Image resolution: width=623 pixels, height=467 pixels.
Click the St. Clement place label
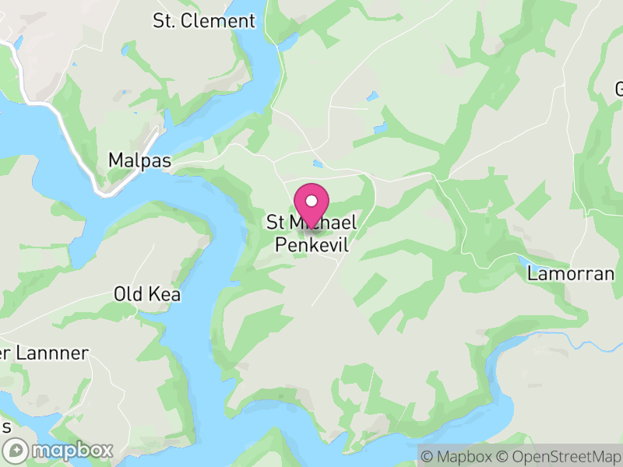(204, 21)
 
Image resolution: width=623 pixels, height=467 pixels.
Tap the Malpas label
(139, 160)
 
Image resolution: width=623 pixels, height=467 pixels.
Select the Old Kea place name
(147, 294)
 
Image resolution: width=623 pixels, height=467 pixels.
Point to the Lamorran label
(571, 274)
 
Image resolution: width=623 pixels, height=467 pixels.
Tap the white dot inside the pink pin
(311, 201)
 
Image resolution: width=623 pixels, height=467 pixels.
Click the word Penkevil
(311, 245)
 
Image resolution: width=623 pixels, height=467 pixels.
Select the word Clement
(218, 21)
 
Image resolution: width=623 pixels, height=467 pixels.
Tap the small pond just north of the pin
(317, 164)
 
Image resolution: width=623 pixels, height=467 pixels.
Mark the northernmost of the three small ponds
(373, 97)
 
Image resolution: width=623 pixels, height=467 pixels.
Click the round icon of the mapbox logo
(16, 451)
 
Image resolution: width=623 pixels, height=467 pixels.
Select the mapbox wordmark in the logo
(71, 451)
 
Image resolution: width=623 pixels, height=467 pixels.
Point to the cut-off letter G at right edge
(618, 87)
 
